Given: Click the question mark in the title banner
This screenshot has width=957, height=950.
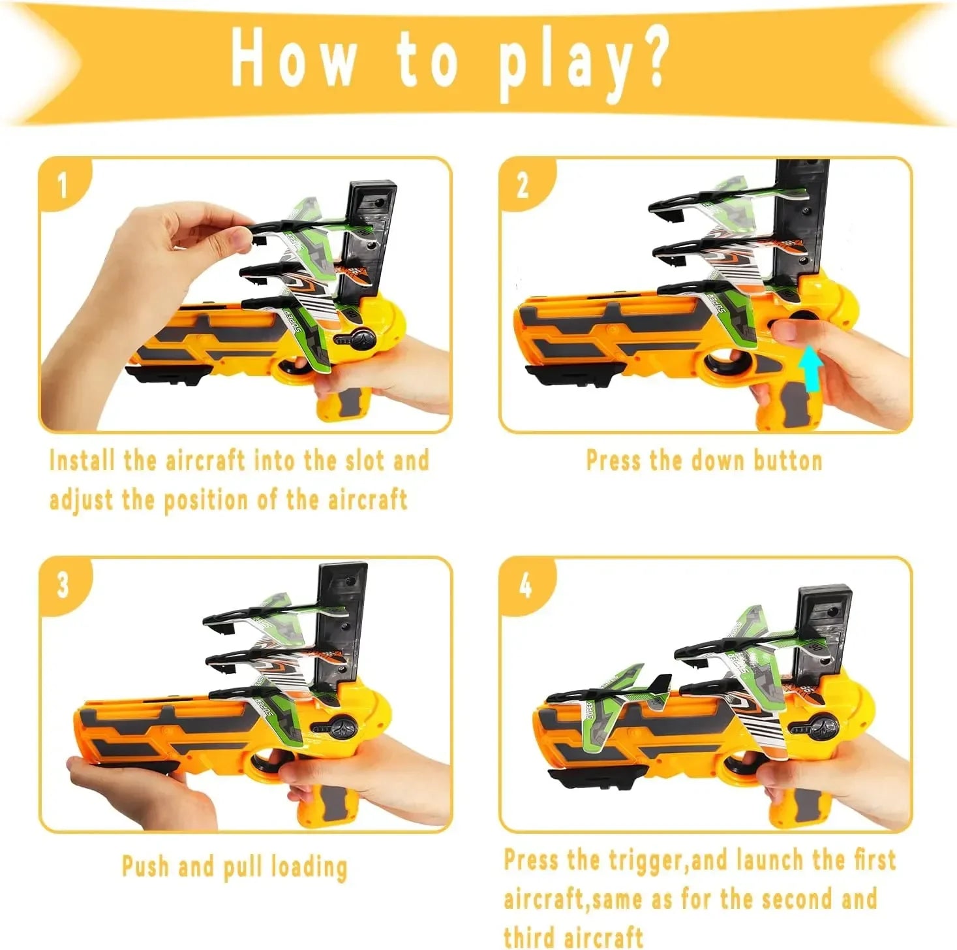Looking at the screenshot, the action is (x=646, y=58).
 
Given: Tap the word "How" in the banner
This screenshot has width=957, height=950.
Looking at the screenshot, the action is (x=293, y=59).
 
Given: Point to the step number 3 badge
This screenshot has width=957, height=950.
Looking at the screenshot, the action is (x=63, y=586).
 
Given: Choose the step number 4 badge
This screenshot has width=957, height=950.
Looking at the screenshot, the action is (x=525, y=587).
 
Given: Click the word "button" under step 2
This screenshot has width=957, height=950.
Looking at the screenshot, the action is (x=788, y=460).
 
